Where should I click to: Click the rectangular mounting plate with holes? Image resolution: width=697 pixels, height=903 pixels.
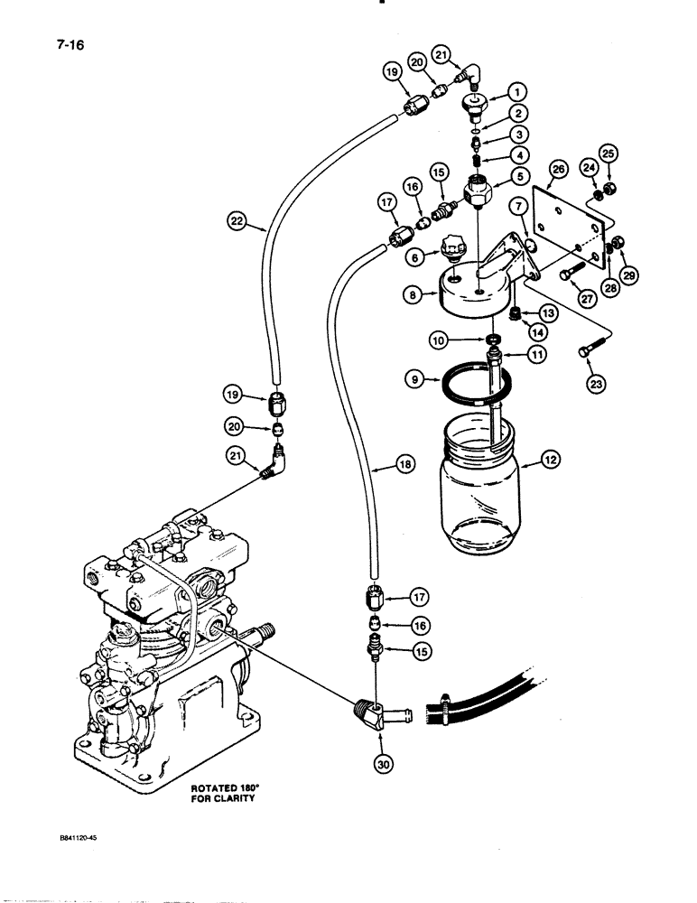click(x=564, y=230)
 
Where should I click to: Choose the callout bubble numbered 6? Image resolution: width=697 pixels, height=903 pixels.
click(x=417, y=257)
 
